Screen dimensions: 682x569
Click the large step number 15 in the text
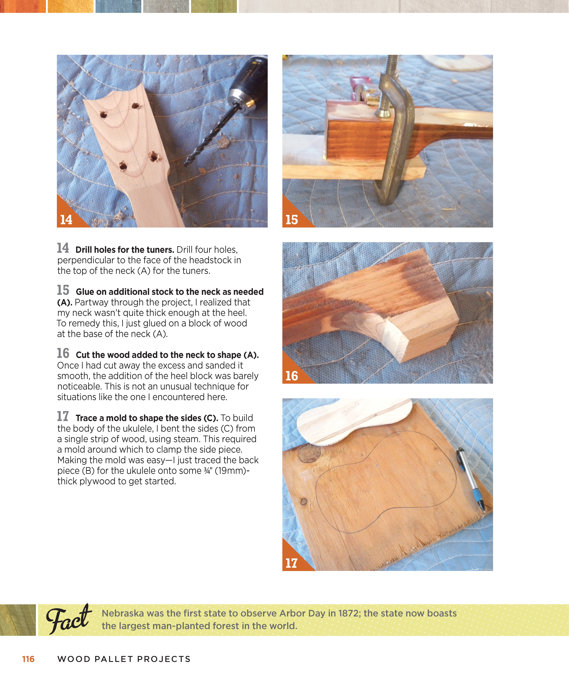click(63, 290)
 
